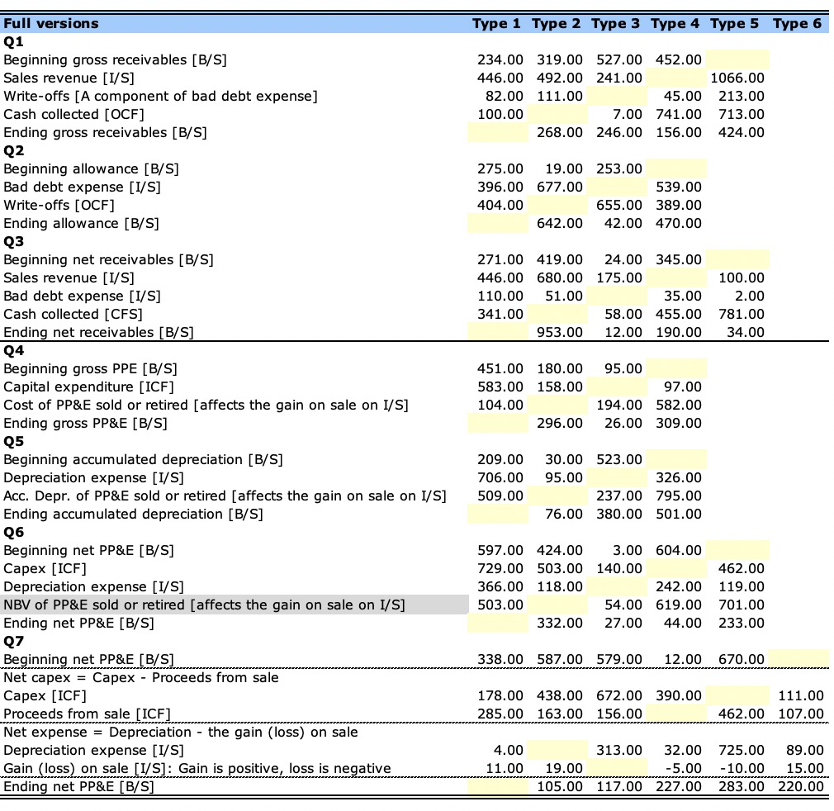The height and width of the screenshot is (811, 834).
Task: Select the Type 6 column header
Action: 797,23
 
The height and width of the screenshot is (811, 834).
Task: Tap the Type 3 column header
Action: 615,23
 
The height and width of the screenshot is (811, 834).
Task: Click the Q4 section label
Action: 14,350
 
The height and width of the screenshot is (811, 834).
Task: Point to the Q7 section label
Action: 14,641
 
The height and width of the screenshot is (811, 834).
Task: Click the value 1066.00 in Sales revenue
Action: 737,78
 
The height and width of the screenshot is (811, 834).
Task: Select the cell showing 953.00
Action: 559,332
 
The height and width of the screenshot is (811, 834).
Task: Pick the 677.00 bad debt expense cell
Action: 559,187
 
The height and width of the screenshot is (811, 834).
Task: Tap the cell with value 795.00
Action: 678,496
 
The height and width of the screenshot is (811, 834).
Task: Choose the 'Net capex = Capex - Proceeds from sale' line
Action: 141,677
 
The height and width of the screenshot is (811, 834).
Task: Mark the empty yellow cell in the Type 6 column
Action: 797,659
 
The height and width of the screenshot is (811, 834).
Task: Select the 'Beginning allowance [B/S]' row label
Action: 91,168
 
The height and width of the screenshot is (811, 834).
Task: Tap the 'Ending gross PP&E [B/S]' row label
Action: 85,423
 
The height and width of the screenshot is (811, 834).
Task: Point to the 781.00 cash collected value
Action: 737,314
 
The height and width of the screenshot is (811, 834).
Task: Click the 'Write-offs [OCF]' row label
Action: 59,205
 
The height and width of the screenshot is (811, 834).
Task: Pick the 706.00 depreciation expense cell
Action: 500,477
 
